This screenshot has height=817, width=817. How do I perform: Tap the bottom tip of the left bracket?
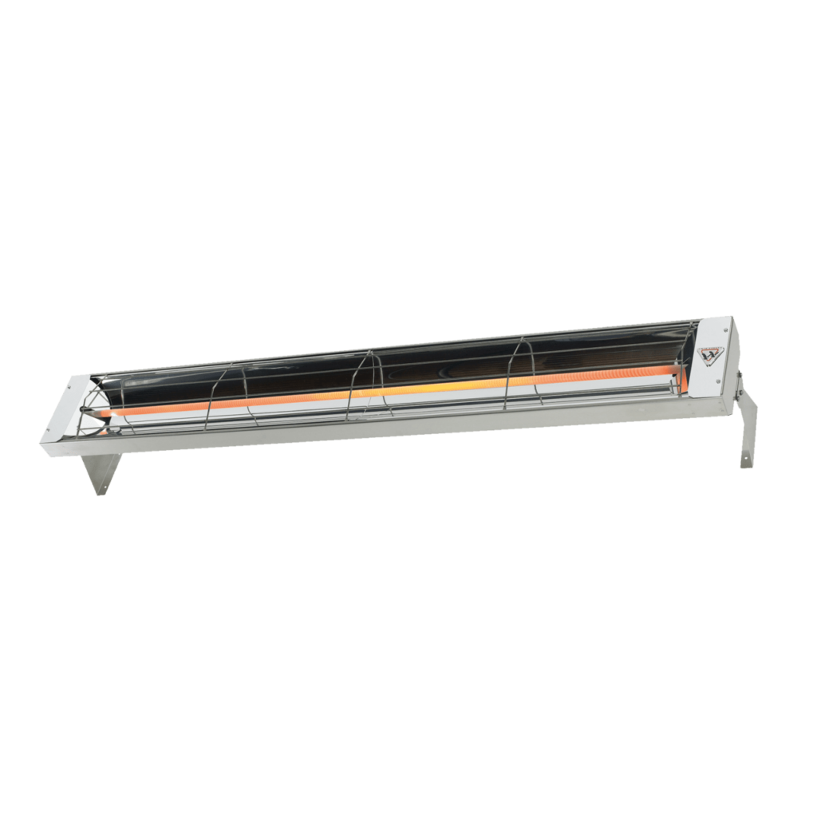pos(99,492)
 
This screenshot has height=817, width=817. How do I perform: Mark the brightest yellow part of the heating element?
pos(447,389)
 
